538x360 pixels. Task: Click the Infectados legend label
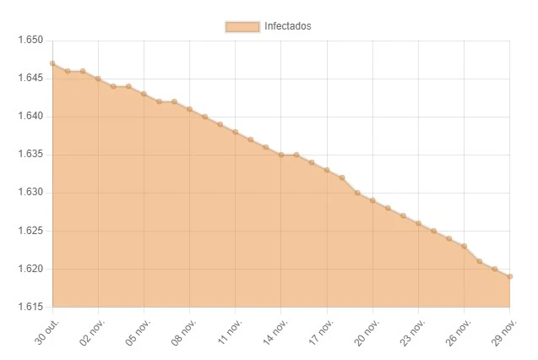[x=288, y=26]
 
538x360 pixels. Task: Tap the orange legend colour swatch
[x=242, y=26]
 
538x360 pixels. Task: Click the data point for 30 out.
[x=52, y=63]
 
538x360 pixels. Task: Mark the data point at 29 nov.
[x=510, y=276]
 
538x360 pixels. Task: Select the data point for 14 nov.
[x=281, y=155]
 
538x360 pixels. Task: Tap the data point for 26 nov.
[x=465, y=246]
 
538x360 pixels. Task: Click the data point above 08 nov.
[x=189, y=109]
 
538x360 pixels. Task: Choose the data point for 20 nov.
[x=372, y=200]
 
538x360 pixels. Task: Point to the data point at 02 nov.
[x=98, y=79]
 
